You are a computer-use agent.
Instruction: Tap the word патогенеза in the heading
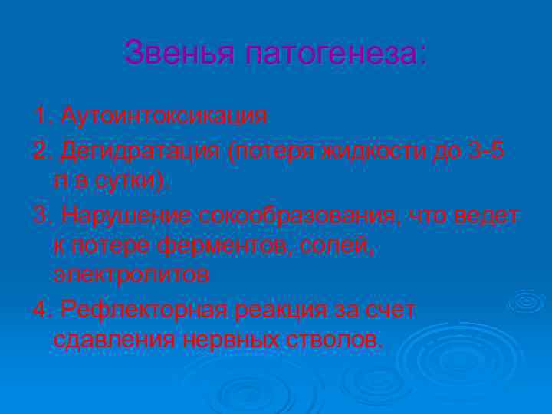(x=336, y=54)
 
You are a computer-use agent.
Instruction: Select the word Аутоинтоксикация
(x=164, y=117)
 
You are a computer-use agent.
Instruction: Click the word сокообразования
(x=298, y=217)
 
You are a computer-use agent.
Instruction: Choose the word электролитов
(x=131, y=275)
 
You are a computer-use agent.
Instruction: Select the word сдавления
(x=114, y=340)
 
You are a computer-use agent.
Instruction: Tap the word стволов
(x=337, y=340)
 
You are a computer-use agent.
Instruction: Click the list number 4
(x=40, y=310)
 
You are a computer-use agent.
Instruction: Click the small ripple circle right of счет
(x=527, y=301)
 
